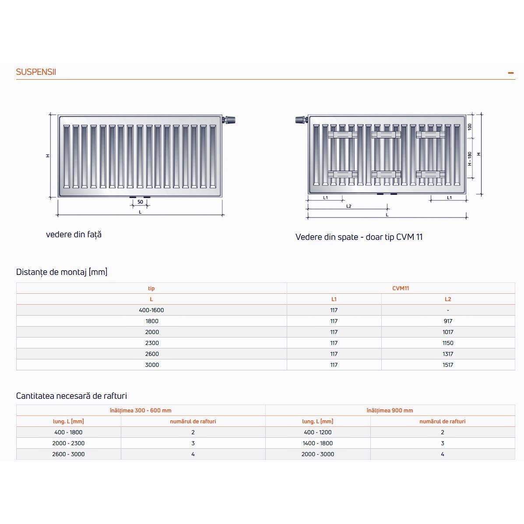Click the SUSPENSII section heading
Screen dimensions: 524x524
[36, 72]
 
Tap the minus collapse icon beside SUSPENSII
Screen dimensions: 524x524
[510, 73]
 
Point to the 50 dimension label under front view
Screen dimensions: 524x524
[140, 202]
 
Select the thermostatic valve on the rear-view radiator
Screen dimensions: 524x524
[301, 119]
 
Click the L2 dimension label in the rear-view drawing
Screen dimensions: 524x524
[348, 206]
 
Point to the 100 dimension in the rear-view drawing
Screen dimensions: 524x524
[470, 127]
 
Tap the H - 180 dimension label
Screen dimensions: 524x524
[470, 159]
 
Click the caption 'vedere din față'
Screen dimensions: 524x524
[74, 235]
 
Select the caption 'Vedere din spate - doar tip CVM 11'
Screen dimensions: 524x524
[359, 237]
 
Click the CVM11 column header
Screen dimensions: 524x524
[401, 288]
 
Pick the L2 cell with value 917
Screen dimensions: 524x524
[448, 321]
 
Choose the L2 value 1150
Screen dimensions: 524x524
[448, 343]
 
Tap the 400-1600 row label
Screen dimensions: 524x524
[151, 310]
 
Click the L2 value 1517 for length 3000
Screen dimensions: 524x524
[448, 365]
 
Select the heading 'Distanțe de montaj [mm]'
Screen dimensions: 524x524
[62, 272]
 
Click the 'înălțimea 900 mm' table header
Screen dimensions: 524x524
[390, 411]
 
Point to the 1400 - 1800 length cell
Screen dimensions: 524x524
[317, 443]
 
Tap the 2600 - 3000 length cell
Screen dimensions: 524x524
[68, 454]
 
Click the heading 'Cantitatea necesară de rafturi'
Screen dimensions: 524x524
[71, 396]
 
